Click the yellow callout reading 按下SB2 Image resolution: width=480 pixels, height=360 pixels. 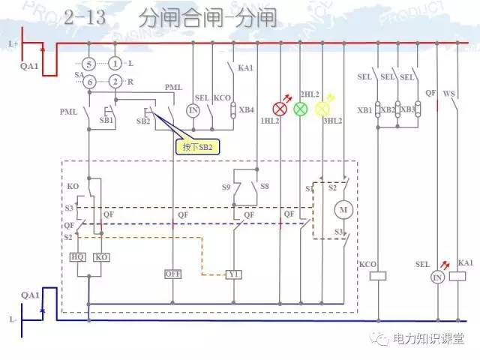pos(198,147)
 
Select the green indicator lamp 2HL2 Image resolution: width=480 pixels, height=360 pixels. pos(300,109)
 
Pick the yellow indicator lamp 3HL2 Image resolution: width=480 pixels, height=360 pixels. pos(322,109)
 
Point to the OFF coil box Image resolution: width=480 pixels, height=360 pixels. pos(173,274)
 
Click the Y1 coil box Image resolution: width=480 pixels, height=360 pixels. pos(234,274)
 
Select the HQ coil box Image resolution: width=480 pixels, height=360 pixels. pos(78,257)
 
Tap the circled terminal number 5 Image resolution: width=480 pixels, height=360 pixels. pos(88,64)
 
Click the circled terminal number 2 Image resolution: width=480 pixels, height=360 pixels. pos(115,81)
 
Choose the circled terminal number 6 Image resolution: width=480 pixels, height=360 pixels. pos(88,81)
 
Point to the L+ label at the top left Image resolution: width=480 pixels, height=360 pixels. pos(13,44)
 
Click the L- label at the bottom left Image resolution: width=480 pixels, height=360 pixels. pos(13,319)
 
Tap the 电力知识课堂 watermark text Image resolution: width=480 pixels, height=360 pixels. pos(428,339)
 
